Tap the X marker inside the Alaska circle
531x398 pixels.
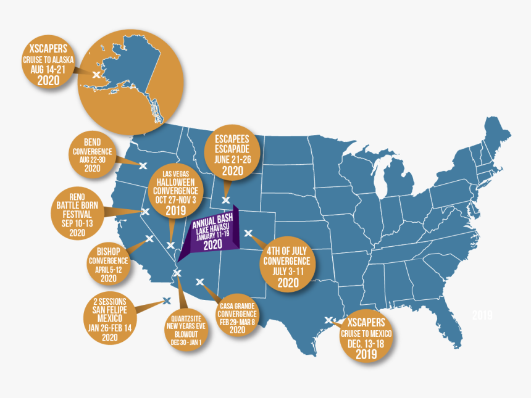(96, 74)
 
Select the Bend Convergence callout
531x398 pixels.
(92, 152)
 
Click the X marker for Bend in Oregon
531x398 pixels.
(142, 165)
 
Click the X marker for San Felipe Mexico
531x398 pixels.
(166, 301)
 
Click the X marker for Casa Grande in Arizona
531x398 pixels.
(200, 282)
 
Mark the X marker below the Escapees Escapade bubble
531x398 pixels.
(226, 200)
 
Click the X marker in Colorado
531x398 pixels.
(249, 233)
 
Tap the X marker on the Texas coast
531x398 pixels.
(328, 320)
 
